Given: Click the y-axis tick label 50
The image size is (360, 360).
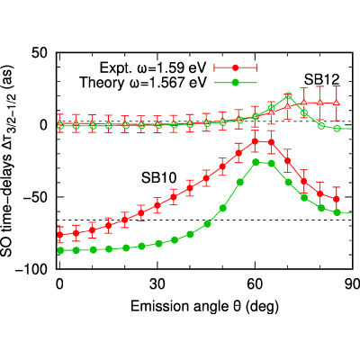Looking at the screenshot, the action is (40, 53).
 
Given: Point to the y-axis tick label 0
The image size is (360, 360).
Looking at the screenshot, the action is (44, 125).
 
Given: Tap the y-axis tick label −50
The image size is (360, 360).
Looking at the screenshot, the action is (35, 197).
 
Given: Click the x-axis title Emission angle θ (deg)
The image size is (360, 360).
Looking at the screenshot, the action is (204, 307).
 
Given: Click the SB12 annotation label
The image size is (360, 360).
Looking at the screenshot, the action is (321, 80).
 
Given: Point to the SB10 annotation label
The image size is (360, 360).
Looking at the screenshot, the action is (158, 178).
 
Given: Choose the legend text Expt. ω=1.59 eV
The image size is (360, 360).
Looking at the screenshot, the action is (153, 68).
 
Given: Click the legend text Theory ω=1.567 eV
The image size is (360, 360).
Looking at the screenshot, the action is (143, 82).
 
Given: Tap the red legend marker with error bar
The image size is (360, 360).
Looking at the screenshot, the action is (236, 68).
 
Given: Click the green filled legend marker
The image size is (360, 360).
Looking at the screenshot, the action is (236, 82).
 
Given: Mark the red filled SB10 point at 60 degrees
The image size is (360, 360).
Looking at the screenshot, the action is (255, 141).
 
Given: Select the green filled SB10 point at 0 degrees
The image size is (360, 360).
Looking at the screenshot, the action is (60, 250).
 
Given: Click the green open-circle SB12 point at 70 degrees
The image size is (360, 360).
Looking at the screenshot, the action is (288, 95).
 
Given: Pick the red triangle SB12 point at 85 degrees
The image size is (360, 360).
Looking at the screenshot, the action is (337, 103).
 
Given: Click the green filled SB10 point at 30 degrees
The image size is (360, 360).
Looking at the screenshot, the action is (159, 244).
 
